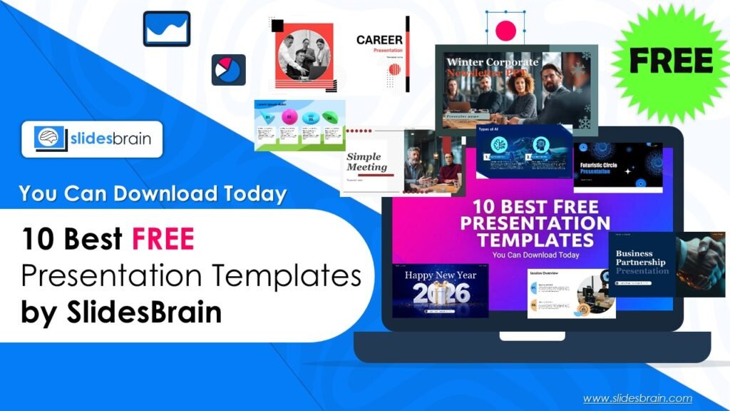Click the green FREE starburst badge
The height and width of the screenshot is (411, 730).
tap(670, 62)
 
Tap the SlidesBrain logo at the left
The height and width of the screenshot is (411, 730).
tap(92, 138)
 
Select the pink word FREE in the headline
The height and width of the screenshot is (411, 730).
tap(163, 240)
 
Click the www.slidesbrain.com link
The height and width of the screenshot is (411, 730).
tap(637, 398)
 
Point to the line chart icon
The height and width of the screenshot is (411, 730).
tap(166, 29)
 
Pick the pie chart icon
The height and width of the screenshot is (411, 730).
tap(228, 70)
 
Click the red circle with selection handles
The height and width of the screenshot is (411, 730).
tap(505, 30)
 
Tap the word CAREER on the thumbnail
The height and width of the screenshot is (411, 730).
tap(379, 40)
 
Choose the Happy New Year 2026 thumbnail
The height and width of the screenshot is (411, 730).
tap(440, 290)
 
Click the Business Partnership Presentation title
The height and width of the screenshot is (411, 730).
tap(640, 262)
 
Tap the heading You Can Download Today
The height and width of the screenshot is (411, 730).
tap(153, 193)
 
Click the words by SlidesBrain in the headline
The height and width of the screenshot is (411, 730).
tap(120, 313)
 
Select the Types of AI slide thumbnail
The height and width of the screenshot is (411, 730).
tap(524, 151)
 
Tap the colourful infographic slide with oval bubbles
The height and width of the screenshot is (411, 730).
tap(299, 125)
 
